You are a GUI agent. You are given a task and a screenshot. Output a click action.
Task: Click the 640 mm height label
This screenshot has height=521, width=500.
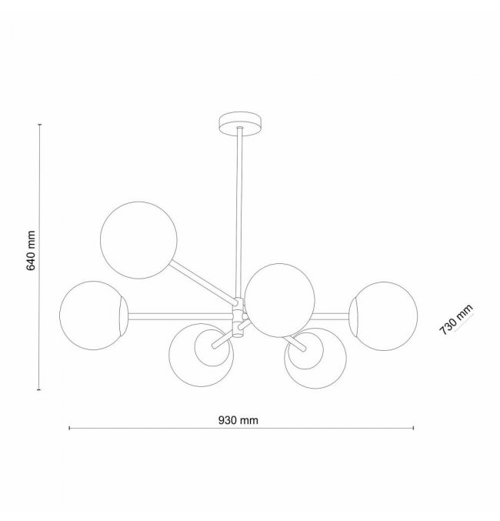tap(31, 251)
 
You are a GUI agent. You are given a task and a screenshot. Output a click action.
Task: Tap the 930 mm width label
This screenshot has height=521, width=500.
tap(238, 420)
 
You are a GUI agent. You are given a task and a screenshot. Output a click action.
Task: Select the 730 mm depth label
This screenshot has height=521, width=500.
tap(456, 319)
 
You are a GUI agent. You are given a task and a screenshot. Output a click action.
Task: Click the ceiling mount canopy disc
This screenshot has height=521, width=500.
tap(240, 124)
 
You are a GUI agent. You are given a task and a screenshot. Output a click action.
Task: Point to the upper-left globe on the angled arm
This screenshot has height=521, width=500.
tap(138, 240)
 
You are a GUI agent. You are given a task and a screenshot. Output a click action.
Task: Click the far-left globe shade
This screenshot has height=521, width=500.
tap(93, 316)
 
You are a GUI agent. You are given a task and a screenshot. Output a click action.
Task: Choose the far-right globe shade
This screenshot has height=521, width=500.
tap(383, 316)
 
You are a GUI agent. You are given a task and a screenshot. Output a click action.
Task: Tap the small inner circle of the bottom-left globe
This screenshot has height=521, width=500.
tap(212, 348)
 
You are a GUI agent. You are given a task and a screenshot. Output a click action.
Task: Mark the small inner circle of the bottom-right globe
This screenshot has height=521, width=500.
tap(305, 351)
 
